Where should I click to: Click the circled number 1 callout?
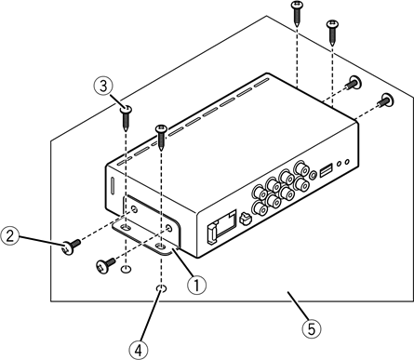click(x=195, y=287)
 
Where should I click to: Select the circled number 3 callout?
click(x=104, y=86)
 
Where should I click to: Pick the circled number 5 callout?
click(x=313, y=327)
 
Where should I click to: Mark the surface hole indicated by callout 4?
click(x=160, y=289)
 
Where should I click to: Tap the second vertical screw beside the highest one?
click(x=331, y=29)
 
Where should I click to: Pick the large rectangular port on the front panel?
click(x=216, y=228)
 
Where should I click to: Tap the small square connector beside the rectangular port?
click(x=242, y=220)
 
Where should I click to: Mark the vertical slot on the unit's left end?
click(x=111, y=180)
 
